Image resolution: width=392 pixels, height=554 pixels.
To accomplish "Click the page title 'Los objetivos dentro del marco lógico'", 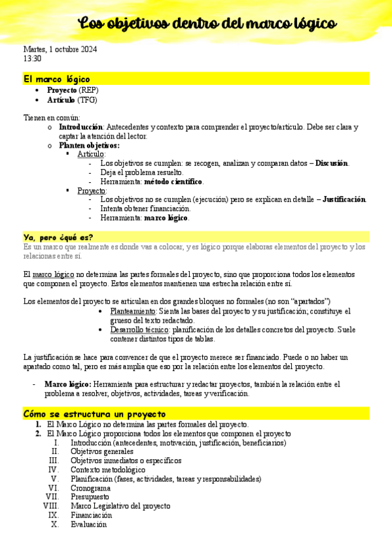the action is click(x=207, y=24).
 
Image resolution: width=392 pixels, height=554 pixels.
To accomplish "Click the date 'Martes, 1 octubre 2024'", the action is click(x=60, y=50).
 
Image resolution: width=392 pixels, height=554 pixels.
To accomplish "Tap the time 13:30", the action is click(x=32, y=59).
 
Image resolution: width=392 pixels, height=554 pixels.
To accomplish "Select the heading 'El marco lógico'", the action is click(x=56, y=78).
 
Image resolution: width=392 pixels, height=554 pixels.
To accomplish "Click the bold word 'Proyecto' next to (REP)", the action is click(x=62, y=90).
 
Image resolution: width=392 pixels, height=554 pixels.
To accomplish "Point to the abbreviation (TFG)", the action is click(x=87, y=100).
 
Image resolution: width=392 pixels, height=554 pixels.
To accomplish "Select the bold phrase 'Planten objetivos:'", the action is click(x=89, y=145).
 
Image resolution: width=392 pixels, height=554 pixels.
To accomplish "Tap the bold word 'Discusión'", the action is click(x=332, y=163).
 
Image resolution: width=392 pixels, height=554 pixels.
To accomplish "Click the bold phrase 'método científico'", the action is click(x=173, y=182).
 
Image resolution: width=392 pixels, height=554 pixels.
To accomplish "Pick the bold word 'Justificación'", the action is click(x=344, y=200).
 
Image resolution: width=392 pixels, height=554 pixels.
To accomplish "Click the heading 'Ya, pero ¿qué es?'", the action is click(x=58, y=236).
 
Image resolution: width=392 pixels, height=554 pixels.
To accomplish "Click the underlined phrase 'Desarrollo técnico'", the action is click(x=139, y=330).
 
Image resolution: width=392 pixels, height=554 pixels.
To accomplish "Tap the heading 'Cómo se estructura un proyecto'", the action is click(x=94, y=414).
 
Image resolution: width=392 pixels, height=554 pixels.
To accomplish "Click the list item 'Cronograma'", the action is click(x=90, y=488).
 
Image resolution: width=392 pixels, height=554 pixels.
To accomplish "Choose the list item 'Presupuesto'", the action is click(x=90, y=497).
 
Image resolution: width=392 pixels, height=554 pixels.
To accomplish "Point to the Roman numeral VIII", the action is click(x=50, y=506).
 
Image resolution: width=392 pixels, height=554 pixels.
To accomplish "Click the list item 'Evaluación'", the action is click(x=88, y=525).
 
